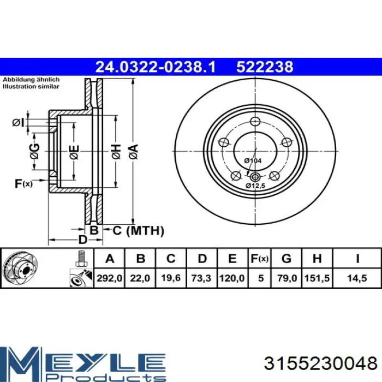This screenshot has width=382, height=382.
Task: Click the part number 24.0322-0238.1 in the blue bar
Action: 156,67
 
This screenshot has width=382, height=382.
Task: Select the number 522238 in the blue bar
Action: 265,67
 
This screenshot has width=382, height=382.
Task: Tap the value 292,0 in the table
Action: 109,278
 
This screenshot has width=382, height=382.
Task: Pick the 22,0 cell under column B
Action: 140,278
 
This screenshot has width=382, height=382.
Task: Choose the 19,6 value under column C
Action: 171,278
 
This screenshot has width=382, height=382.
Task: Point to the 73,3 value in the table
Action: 201,278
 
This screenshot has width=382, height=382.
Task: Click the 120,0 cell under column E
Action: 232,278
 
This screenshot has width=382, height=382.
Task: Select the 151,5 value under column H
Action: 317,278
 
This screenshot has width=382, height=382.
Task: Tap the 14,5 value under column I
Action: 357,278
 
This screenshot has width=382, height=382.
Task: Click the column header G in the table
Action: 286,259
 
